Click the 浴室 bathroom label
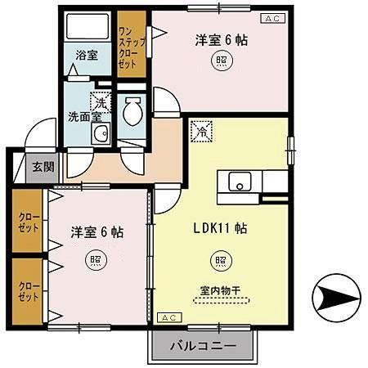87,56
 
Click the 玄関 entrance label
43,167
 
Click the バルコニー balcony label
203,346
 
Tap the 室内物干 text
218,289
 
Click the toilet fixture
132,113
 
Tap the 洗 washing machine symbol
99,101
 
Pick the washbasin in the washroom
100,135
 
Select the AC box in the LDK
166,317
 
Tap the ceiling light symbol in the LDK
221,261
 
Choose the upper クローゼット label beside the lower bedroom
26,222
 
